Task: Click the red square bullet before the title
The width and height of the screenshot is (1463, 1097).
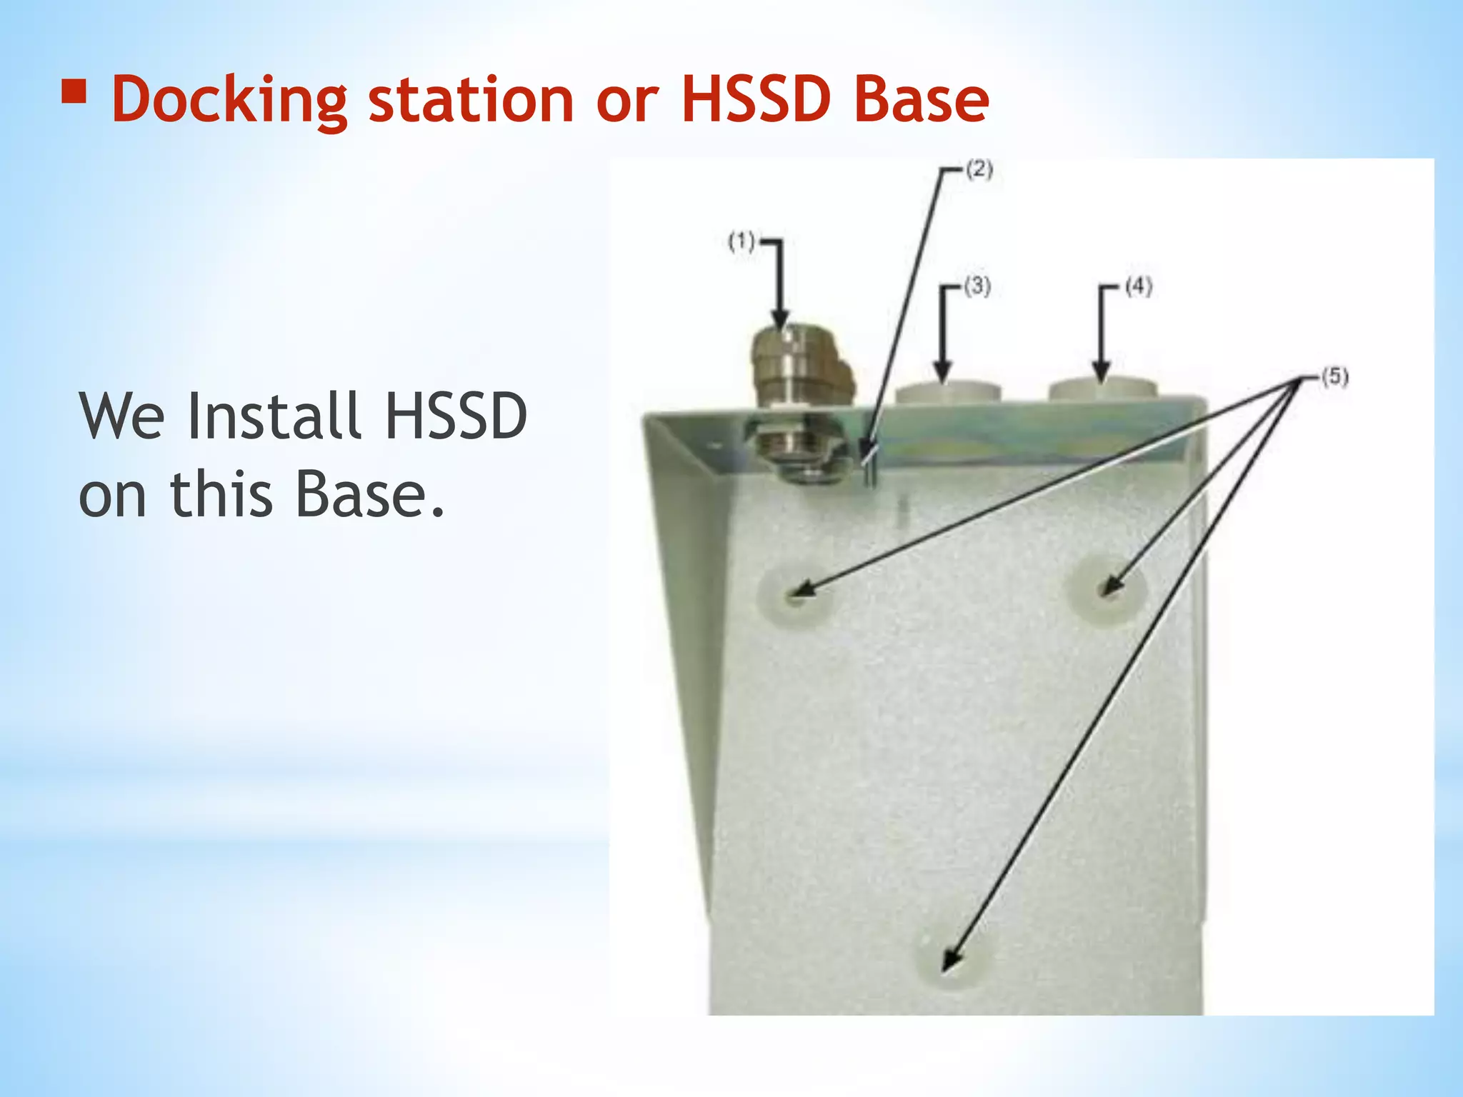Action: (x=74, y=92)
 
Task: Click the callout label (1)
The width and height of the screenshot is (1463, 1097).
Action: (x=741, y=241)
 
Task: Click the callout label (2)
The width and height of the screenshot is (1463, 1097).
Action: (x=979, y=170)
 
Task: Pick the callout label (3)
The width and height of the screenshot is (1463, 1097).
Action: (x=977, y=287)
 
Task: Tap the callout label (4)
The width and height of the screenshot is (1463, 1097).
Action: (x=1138, y=287)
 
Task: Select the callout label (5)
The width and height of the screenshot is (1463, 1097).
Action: (x=1334, y=376)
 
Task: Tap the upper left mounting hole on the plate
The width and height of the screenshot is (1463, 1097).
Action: (x=795, y=594)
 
